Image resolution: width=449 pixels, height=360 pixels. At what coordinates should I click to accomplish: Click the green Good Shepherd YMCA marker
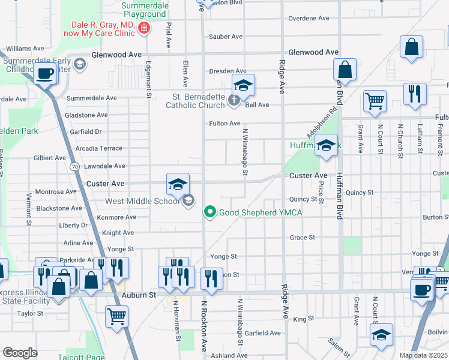[210, 212]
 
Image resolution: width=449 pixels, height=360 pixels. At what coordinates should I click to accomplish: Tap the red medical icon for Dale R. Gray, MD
[143, 28]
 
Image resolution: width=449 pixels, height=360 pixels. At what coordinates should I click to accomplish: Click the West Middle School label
[143, 201]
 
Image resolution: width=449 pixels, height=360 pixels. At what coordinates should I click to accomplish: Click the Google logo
[20, 353]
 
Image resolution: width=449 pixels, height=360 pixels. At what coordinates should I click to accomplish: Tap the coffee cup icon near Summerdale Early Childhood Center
[46, 74]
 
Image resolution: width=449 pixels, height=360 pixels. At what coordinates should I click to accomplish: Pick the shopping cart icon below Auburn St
[116, 316]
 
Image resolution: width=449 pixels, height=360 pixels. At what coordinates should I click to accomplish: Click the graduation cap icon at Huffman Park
[326, 146]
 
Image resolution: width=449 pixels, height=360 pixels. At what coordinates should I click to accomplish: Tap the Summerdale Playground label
[143, 10]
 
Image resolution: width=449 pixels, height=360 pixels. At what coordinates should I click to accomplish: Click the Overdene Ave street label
[307, 19]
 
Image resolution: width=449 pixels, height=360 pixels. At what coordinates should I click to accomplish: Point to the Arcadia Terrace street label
[99, 148]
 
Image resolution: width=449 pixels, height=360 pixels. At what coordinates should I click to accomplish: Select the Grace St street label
[303, 238]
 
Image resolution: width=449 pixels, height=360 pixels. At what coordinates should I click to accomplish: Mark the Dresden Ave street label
[228, 71]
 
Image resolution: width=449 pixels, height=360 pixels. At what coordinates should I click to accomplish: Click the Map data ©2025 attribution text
[423, 355]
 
